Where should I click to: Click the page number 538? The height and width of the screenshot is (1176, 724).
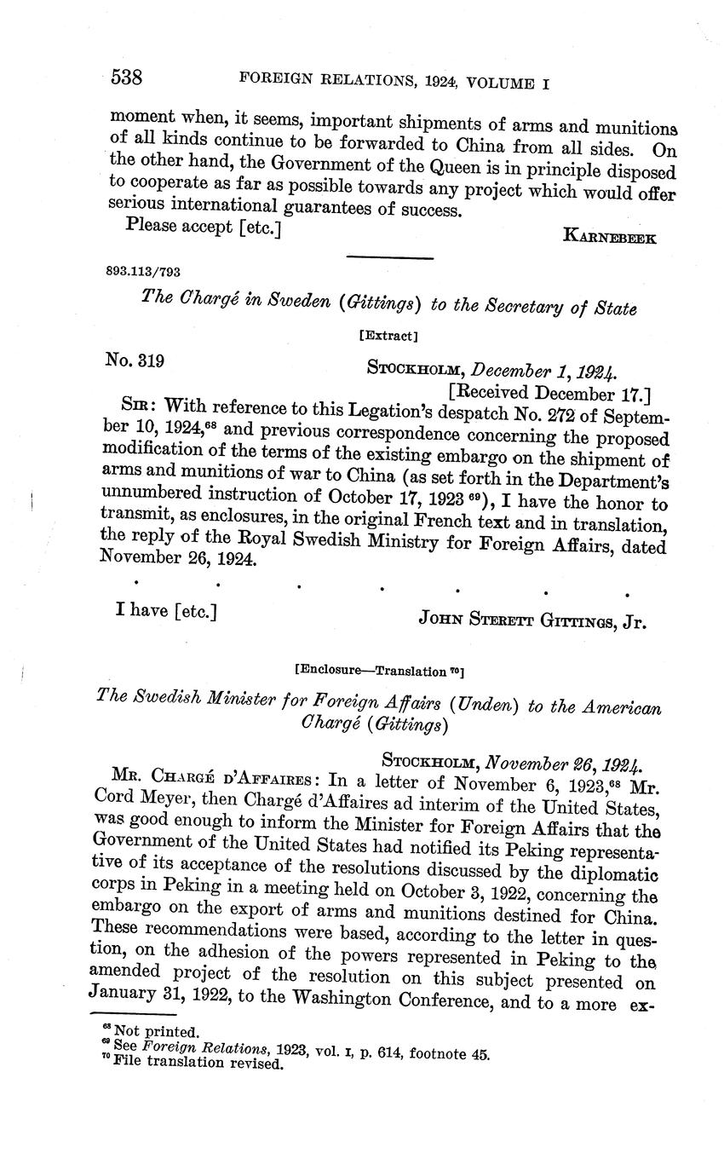[126, 78]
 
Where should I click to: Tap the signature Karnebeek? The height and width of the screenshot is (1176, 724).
[609, 238]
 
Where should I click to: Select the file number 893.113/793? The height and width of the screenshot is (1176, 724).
[142, 272]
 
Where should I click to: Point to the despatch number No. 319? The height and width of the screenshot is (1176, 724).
[135, 360]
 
